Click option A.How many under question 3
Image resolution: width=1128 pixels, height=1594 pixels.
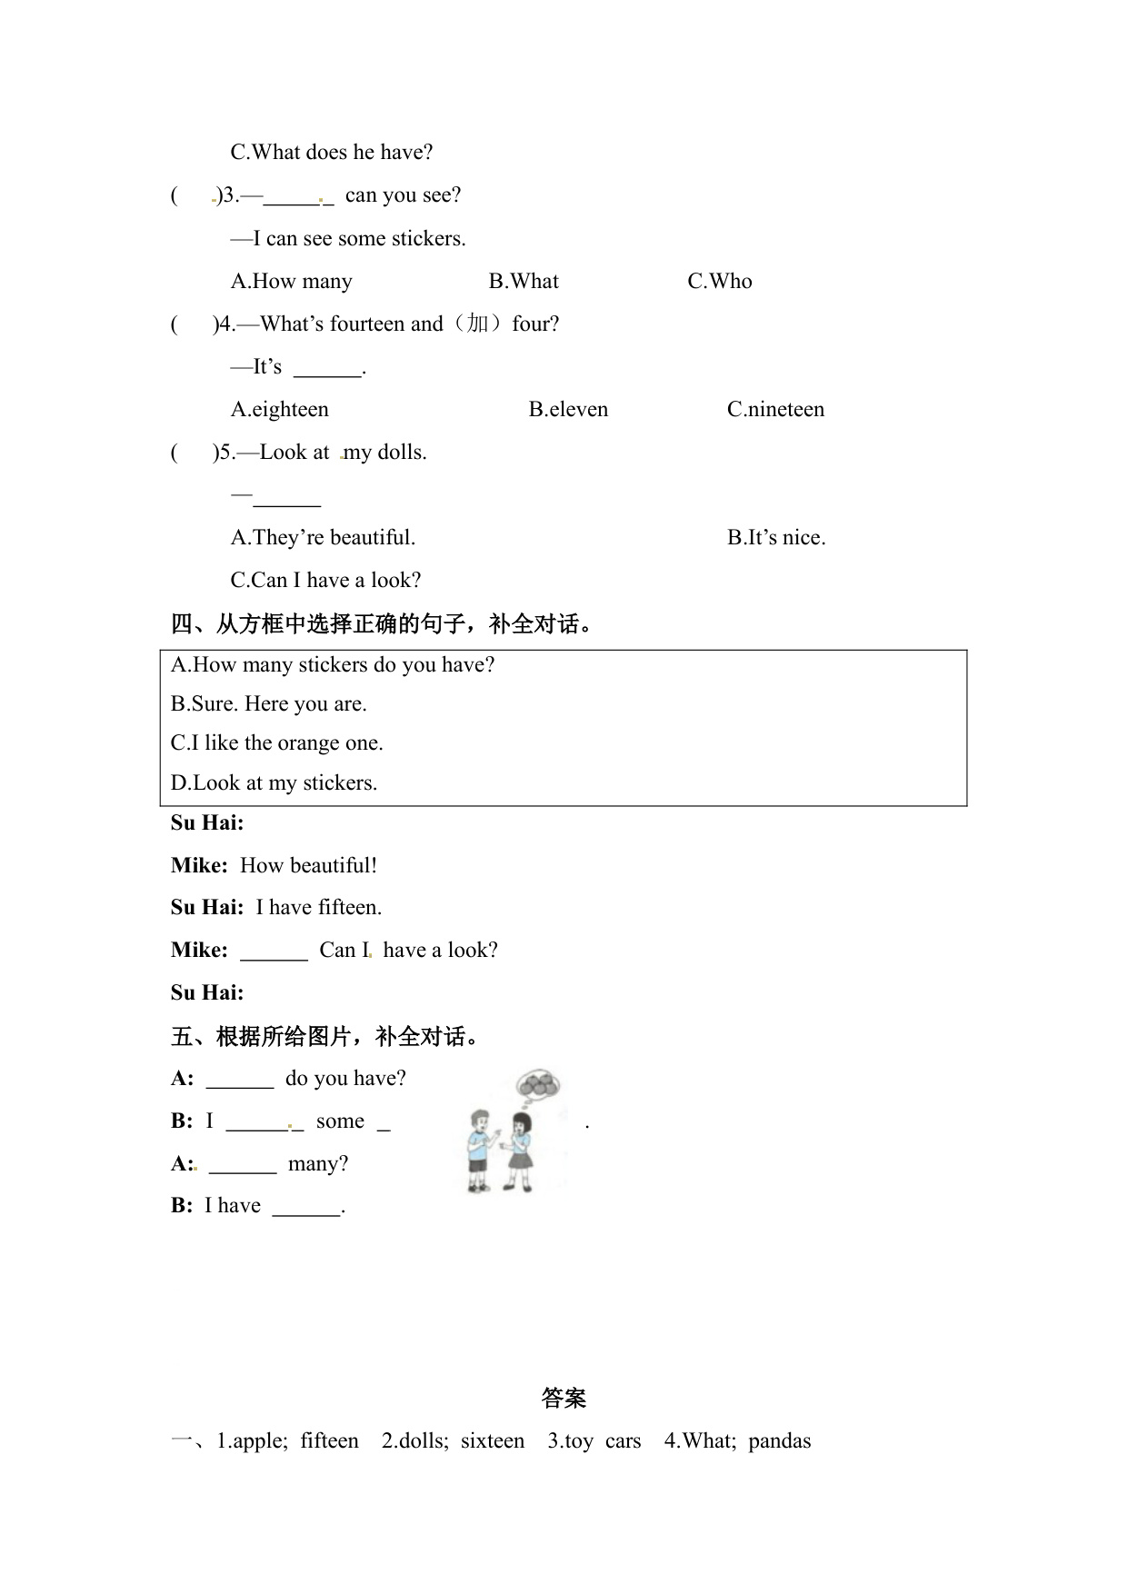tap(291, 282)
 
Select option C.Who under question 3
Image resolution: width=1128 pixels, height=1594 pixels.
tap(719, 282)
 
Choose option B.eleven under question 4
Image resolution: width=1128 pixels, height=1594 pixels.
tap(568, 410)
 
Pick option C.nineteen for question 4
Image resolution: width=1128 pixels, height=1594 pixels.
tap(775, 410)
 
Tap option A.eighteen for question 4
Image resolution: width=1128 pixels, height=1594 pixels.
tap(280, 410)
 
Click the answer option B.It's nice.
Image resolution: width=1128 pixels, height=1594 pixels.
tap(776, 538)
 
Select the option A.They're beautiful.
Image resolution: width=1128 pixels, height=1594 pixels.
tap(323, 538)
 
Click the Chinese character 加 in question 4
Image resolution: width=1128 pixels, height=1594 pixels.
tap(478, 324)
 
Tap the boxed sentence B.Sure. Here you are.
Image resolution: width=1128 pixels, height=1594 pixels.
tap(269, 704)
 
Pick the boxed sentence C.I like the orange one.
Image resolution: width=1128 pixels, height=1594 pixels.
tap(277, 743)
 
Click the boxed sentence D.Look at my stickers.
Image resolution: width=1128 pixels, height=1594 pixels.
tap(274, 783)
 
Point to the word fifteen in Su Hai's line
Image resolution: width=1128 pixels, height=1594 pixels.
tap(350, 908)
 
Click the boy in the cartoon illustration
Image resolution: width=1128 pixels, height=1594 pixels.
tap(478, 1149)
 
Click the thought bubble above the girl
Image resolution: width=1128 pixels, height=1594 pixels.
tap(538, 1085)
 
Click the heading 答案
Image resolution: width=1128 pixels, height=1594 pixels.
tap(564, 1399)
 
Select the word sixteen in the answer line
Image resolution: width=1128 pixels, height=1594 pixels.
tap(493, 1441)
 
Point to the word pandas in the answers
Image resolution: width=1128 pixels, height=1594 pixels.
tap(779, 1441)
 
